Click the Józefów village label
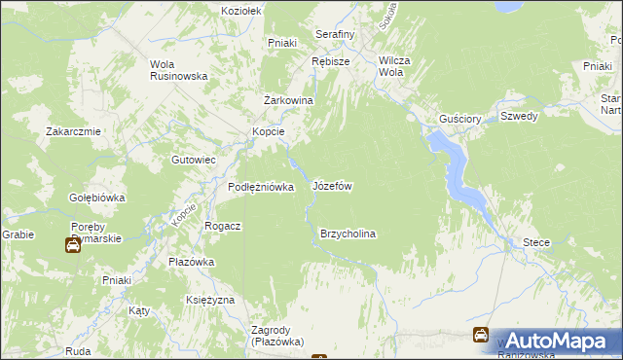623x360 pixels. pyautogui.click(x=331, y=185)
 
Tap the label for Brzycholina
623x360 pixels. pyautogui.click(x=348, y=234)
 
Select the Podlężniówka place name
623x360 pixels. pyautogui.click(x=260, y=188)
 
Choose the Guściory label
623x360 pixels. pyautogui.click(x=460, y=119)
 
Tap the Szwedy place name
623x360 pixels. pyautogui.click(x=519, y=116)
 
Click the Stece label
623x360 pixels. pyautogui.click(x=536, y=242)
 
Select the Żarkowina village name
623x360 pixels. pyautogui.click(x=288, y=100)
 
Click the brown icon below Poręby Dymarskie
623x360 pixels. pyautogui.click(x=73, y=245)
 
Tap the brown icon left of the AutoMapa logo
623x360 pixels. pyautogui.click(x=480, y=336)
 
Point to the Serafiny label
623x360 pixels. pyautogui.click(x=335, y=34)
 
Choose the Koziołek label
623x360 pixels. pyautogui.click(x=242, y=10)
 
